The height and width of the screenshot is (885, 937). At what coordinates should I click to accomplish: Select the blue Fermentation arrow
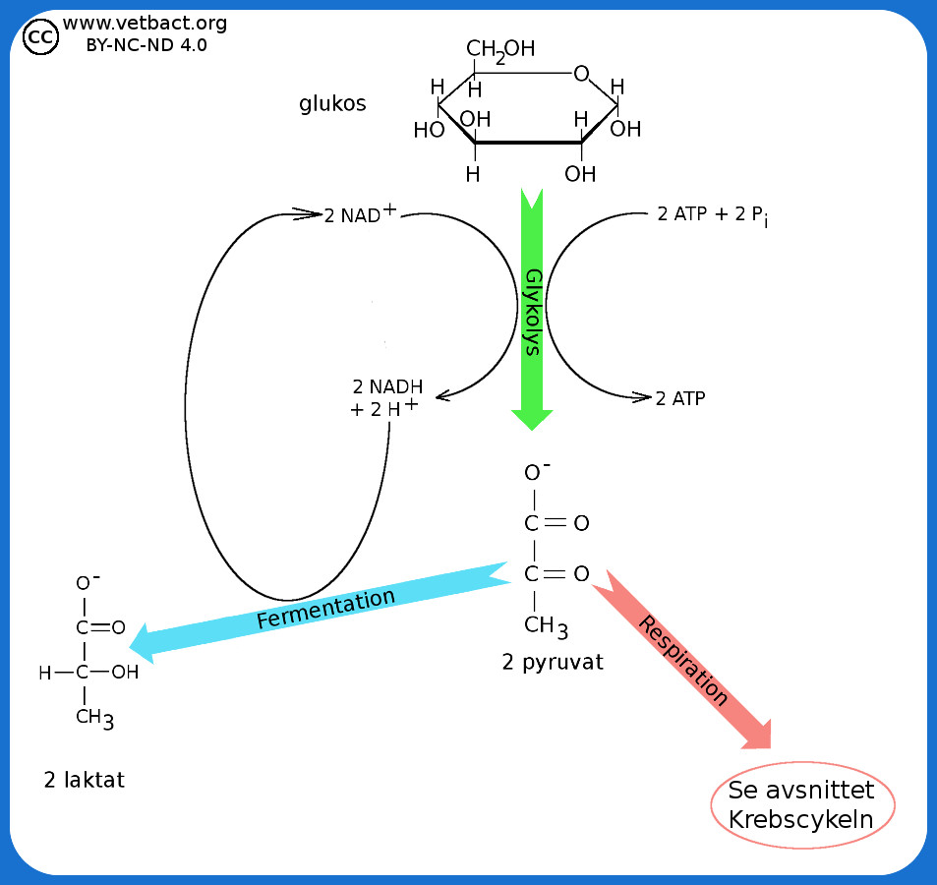pyautogui.click(x=324, y=610)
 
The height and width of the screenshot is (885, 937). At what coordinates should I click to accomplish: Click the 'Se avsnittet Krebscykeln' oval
pyautogui.click(x=802, y=803)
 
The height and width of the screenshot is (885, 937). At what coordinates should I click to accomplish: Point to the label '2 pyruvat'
pyautogui.click(x=552, y=662)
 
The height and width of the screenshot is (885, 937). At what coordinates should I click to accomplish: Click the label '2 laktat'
pyautogui.click(x=85, y=781)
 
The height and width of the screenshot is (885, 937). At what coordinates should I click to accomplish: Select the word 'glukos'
pyautogui.click(x=332, y=103)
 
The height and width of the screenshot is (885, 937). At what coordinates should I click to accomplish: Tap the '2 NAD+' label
pyautogui.click(x=360, y=215)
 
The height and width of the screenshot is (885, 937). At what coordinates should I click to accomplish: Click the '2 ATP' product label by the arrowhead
pyautogui.click(x=680, y=398)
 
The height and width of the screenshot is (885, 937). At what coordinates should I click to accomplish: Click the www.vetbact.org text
pyautogui.click(x=145, y=23)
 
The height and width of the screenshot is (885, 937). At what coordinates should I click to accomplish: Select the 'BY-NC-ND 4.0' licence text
pyautogui.click(x=146, y=44)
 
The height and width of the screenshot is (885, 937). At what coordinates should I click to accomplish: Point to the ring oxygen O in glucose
pyautogui.click(x=581, y=74)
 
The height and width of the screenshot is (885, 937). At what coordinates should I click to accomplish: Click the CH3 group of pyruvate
pyautogui.click(x=546, y=625)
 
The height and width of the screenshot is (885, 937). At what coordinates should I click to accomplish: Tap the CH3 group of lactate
pyautogui.click(x=94, y=718)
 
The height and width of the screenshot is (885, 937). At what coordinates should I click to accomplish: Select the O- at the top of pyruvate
pyautogui.click(x=535, y=472)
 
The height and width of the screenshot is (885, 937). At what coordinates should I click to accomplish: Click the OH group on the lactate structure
pyautogui.click(x=125, y=673)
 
